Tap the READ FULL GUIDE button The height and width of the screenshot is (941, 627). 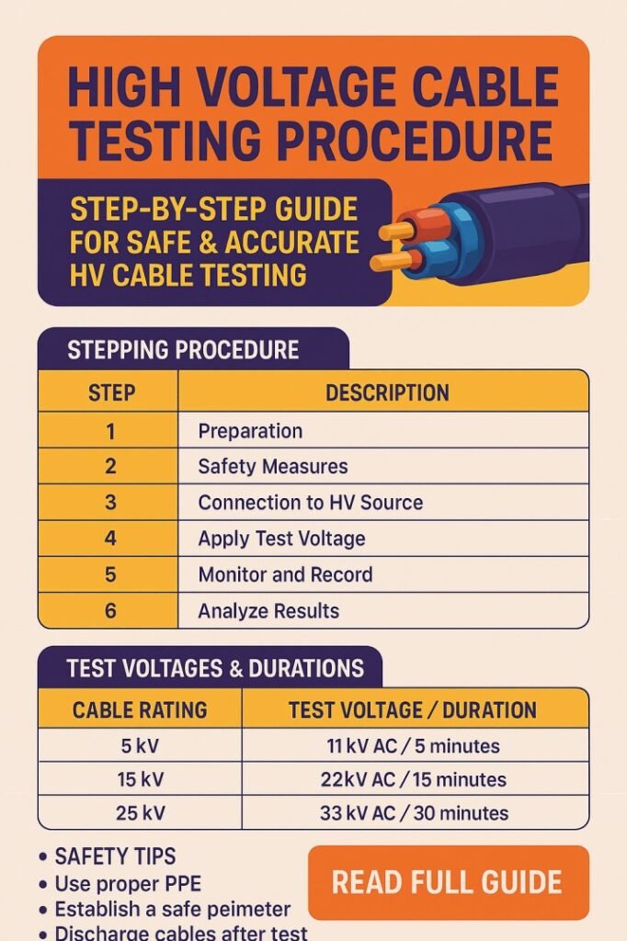click(x=447, y=882)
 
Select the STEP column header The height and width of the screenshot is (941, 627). click(x=111, y=393)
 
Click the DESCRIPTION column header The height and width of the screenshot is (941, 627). click(x=387, y=393)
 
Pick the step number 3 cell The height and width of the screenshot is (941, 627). click(x=111, y=503)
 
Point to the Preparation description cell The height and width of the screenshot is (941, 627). click(x=250, y=431)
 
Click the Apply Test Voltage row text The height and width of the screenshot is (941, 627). click(x=281, y=539)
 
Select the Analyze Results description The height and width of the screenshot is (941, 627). click(x=268, y=611)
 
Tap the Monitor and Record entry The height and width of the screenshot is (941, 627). click(x=285, y=575)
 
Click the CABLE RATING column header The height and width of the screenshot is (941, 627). click(x=140, y=710)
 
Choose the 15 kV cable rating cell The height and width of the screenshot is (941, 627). click(x=140, y=779)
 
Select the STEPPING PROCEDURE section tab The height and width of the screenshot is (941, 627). click(x=183, y=350)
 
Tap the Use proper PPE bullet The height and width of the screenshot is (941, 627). click(x=129, y=883)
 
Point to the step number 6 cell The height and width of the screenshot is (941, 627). click(x=111, y=611)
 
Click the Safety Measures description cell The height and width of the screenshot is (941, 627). click(x=273, y=467)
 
